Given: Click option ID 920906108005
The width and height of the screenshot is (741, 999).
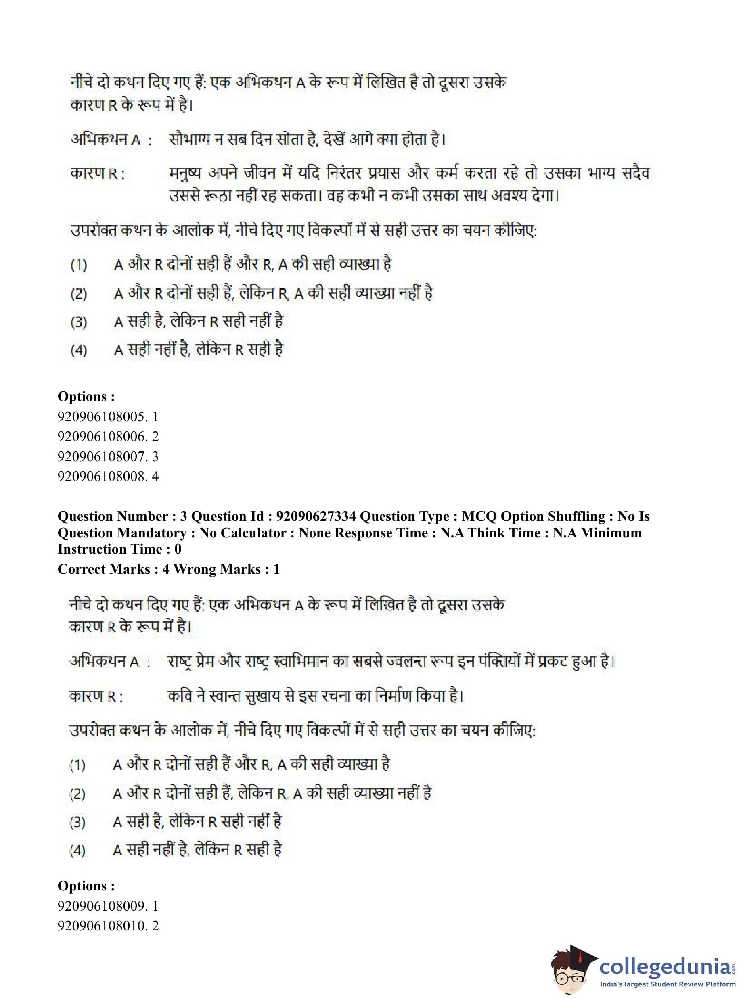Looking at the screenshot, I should coord(108,416).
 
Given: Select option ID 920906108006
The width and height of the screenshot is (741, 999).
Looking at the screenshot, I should coord(108,436).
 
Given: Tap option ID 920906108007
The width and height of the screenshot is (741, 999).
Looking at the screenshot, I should coord(108,456).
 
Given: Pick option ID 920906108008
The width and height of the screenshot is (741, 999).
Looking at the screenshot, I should coord(108,476).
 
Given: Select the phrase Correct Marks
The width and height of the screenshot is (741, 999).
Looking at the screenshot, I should coord(104,569).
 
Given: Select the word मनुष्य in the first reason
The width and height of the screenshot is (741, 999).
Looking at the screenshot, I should coord(185,173).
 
